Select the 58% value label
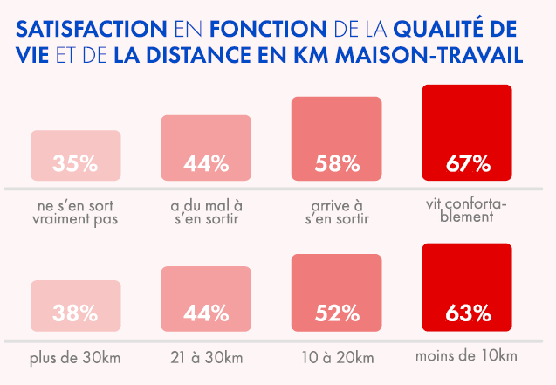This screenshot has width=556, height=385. [x=337, y=162]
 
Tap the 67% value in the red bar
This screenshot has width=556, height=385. [x=468, y=162]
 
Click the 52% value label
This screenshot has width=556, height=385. [x=337, y=313]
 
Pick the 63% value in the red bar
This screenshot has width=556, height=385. [x=468, y=313]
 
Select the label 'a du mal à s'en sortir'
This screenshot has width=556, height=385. [x=206, y=212]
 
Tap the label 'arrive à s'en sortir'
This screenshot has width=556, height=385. [x=337, y=212]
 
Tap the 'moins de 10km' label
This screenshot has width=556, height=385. [x=467, y=355]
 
